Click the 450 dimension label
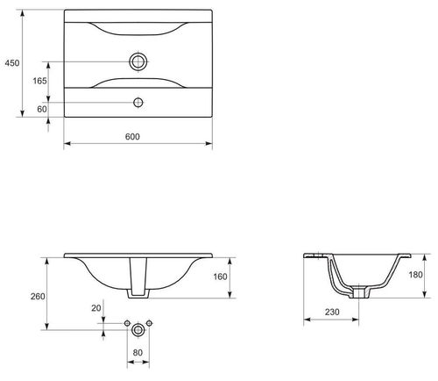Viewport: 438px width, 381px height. tap(12, 63)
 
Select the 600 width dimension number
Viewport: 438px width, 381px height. tap(132, 137)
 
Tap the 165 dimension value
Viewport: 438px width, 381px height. tap(39, 81)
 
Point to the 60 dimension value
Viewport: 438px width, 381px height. tap(42, 109)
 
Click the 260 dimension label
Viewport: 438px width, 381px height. tap(38, 297)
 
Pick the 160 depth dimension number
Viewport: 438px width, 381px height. tap(220, 277)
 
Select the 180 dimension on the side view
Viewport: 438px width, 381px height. tap(415, 275)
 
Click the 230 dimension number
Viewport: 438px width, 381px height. tap(332, 313)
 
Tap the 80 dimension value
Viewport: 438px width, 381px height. tap(138, 353)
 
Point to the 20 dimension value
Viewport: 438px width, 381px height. tap(96, 308)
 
